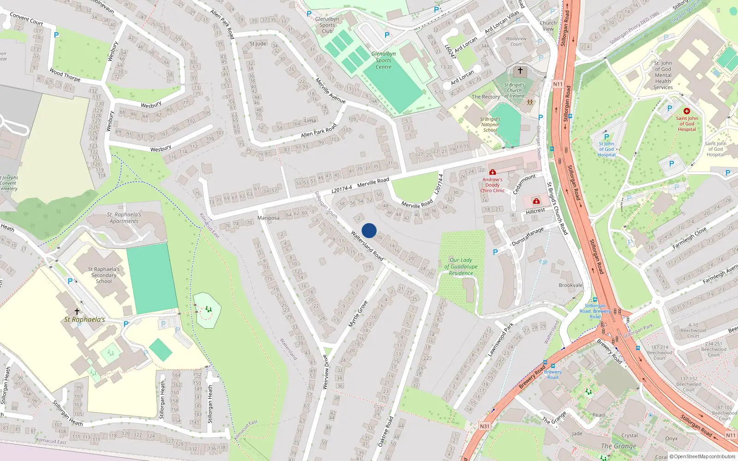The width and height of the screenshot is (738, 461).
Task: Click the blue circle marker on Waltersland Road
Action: click(x=369, y=230)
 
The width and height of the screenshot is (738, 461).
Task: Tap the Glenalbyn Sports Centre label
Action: click(x=383, y=60)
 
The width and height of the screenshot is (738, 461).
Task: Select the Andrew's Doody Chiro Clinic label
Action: click(x=493, y=185)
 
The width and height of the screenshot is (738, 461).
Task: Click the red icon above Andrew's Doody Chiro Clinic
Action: click(x=493, y=172)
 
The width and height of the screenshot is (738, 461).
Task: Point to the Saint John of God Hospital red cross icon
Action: click(x=686, y=111)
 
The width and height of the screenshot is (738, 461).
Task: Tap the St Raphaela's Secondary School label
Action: click(x=104, y=275)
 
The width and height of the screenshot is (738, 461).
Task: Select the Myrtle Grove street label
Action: click(x=358, y=314)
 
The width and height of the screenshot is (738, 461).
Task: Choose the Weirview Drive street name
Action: click(x=326, y=372)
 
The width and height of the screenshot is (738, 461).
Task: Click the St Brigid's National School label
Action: click(x=490, y=124)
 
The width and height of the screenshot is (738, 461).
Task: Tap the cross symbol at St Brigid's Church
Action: click(x=520, y=71)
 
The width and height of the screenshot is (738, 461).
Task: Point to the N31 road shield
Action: click(x=484, y=426)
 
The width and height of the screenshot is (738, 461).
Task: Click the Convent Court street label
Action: click(x=26, y=19)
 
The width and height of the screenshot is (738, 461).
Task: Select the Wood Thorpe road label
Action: click(x=65, y=75)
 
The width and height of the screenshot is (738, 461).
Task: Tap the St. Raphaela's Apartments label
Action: click(x=124, y=218)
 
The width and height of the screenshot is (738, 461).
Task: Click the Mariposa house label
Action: click(x=268, y=218)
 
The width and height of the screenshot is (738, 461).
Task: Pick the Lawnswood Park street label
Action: click(x=501, y=340)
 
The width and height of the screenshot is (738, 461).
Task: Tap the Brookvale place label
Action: click(x=571, y=285)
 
